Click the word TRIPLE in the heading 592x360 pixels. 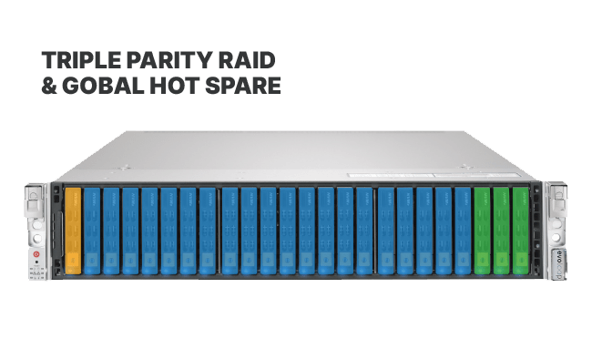pyautogui.click(x=80, y=60)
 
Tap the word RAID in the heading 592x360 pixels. pyautogui.click(x=247, y=60)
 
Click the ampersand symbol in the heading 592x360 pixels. pyautogui.click(x=49, y=86)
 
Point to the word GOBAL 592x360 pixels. pyautogui.click(x=103, y=86)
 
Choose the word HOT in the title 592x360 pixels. pyautogui.click(x=174, y=86)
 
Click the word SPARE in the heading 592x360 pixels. pyautogui.click(x=243, y=86)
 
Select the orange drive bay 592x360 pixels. pyautogui.click(x=73, y=231)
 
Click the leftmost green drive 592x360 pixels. pyautogui.click(x=482, y=231)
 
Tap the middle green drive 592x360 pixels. pyautogui.click(x=501, y=231)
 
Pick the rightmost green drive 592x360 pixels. pyautogui.click(x=521, y=231)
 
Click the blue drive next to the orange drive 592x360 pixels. pyautogui.click(x=92, y=231)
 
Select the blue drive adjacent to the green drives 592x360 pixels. pyautogui.click(x=463, y=231)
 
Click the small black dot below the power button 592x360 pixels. pyautogui.click(x=36, y=262)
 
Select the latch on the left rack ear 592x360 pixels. pyautogui.click(x=34, y=201)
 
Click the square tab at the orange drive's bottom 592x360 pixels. pyautogui.click(x=73, y=261)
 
